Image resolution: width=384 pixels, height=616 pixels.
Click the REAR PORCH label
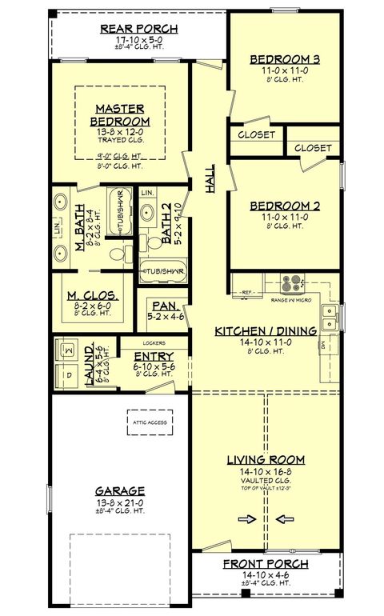[x=138, y=30]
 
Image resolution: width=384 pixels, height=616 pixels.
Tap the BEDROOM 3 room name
[x=285, y=59]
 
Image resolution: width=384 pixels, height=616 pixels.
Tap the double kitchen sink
[x=328, y=313]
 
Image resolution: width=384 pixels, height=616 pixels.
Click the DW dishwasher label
[x=322, y=346]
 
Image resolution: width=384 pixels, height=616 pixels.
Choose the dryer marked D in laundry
[x=67, y=375]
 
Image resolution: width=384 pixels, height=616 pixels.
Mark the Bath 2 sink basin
[x=148, y=214]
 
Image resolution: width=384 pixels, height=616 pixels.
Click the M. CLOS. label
[x=93, y=294]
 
